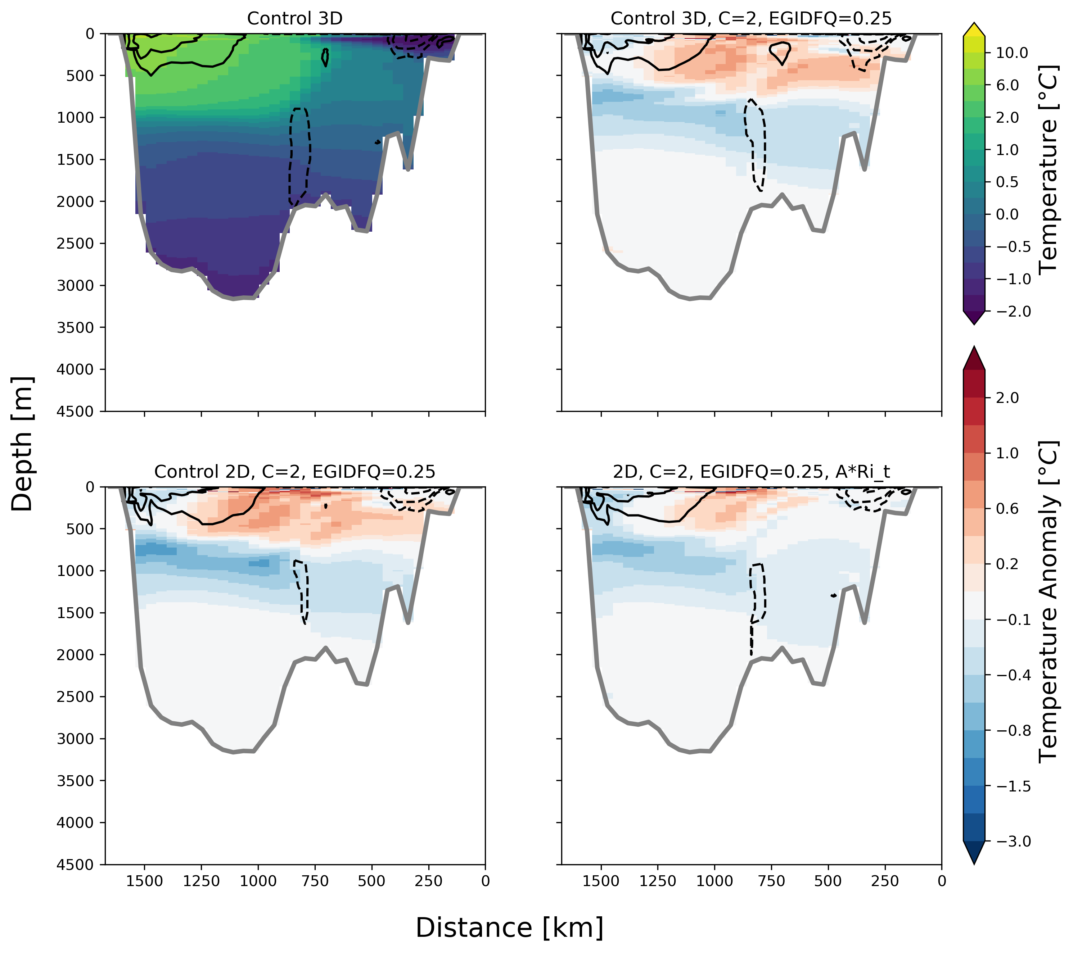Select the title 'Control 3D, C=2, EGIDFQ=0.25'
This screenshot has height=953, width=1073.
pos(751,19)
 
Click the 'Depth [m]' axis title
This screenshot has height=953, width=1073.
pos(22,444)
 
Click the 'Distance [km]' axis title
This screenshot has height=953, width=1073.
pos(509,927)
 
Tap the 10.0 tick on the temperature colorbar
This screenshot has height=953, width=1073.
pos(1012,53)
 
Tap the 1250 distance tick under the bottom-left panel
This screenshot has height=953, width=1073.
pos(202,881)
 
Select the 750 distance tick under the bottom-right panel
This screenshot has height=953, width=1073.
pos(771,881)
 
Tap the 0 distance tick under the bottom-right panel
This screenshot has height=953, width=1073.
pos(941,881)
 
